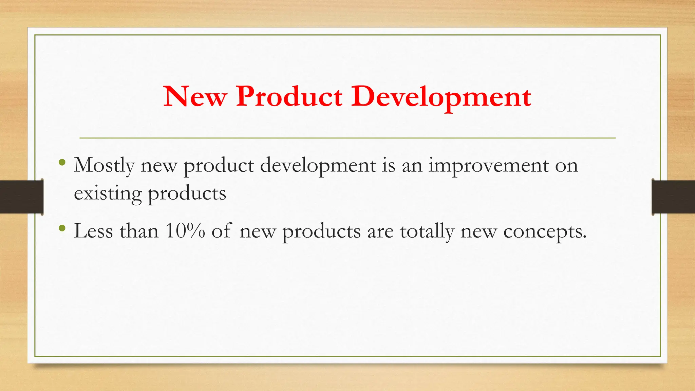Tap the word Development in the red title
(x=441, y=97)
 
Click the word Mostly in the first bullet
(x=104, y=166)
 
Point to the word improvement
(x=489, y=166)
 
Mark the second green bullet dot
(x=61, y=228)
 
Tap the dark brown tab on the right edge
(x=673, y=197)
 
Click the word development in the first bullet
(x=318, y=166)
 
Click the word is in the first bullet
(x=389, y=165)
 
